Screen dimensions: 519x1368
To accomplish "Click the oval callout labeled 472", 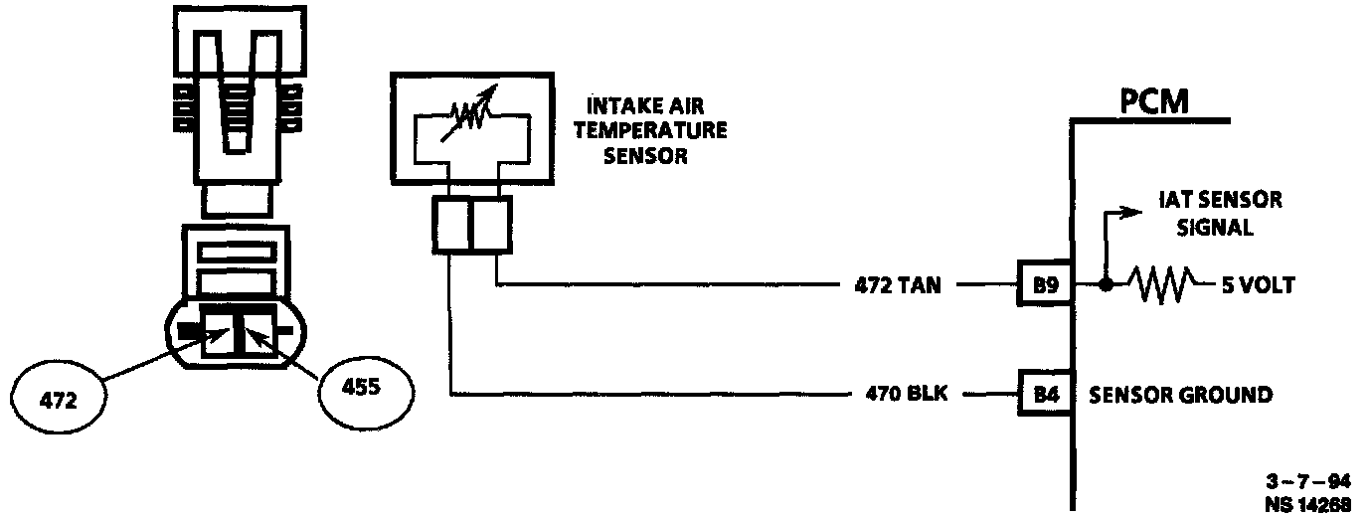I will tap(59, 401).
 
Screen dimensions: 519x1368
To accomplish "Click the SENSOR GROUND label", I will tap(1180, 395).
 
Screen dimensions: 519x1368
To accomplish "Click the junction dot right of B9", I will tap(1105, 286).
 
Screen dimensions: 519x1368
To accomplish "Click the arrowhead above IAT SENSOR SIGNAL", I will tap(1132, 212).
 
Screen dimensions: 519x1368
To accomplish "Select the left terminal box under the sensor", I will tap(451, 224).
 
